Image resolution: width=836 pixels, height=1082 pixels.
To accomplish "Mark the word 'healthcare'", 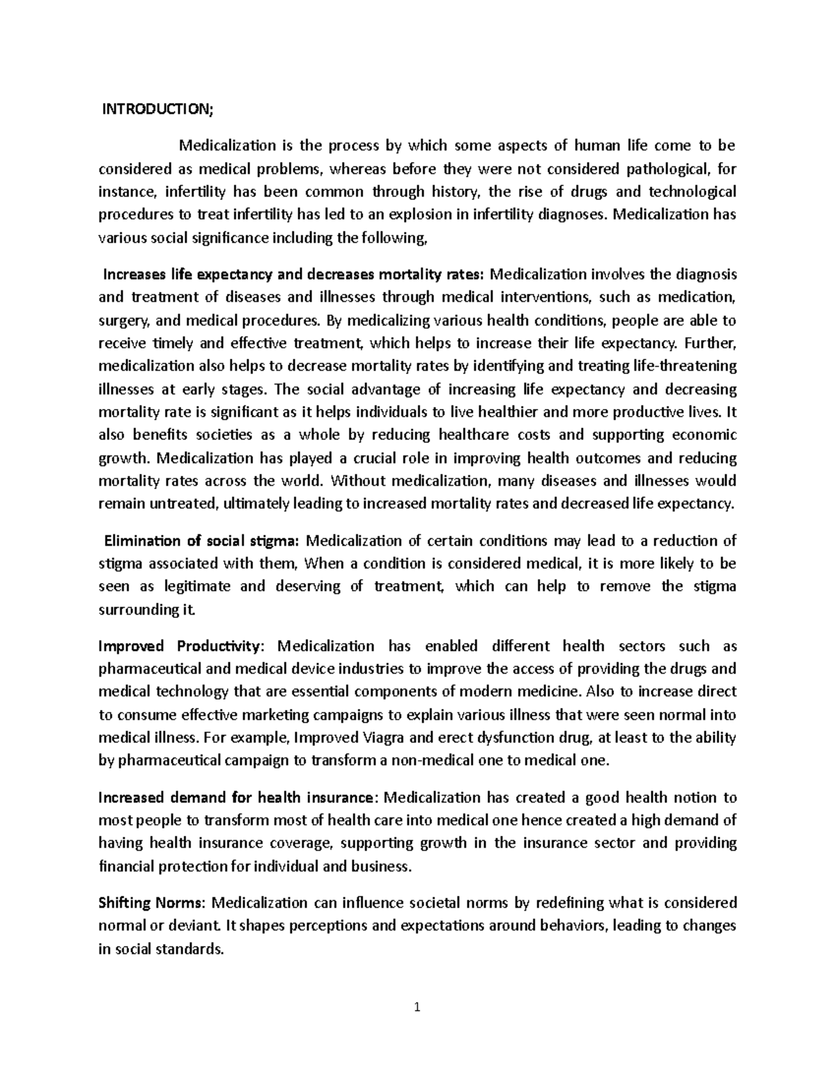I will click(x=473, y=435).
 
